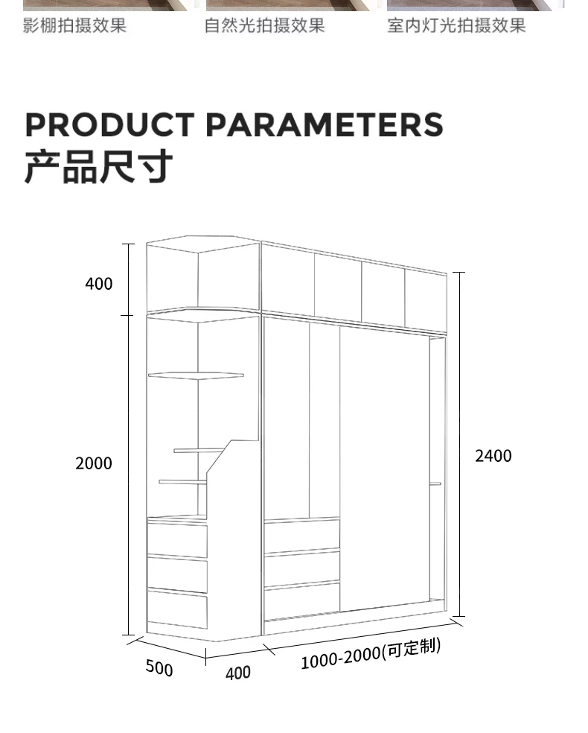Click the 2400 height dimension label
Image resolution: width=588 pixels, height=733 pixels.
pos(493,456)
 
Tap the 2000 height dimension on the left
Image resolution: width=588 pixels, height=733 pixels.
pos(94,463)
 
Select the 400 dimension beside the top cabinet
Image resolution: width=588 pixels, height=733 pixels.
pos(99,284)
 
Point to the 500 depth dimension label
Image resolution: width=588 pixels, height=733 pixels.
pos(159,667)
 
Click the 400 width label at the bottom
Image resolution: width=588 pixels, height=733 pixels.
pos(237,673)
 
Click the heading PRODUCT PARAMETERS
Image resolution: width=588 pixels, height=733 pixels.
pos(234,125)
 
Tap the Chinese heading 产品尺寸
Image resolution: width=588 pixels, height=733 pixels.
pos(98,167)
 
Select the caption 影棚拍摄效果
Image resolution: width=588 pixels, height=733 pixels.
pos(75,26)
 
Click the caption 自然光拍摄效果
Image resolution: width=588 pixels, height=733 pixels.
pos(265,26)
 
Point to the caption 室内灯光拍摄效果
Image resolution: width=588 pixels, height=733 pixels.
pos(456,26)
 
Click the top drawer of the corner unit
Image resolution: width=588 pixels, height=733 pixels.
pos(177,540)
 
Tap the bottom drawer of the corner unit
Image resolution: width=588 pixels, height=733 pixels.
pos(177,609)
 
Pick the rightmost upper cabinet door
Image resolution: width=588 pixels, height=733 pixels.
pos(426,301)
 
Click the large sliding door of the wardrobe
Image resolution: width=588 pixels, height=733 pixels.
pos(384,469)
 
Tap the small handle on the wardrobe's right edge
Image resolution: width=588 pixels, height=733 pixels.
pos(435,484)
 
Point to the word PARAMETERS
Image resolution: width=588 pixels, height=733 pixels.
pos(324,125)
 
